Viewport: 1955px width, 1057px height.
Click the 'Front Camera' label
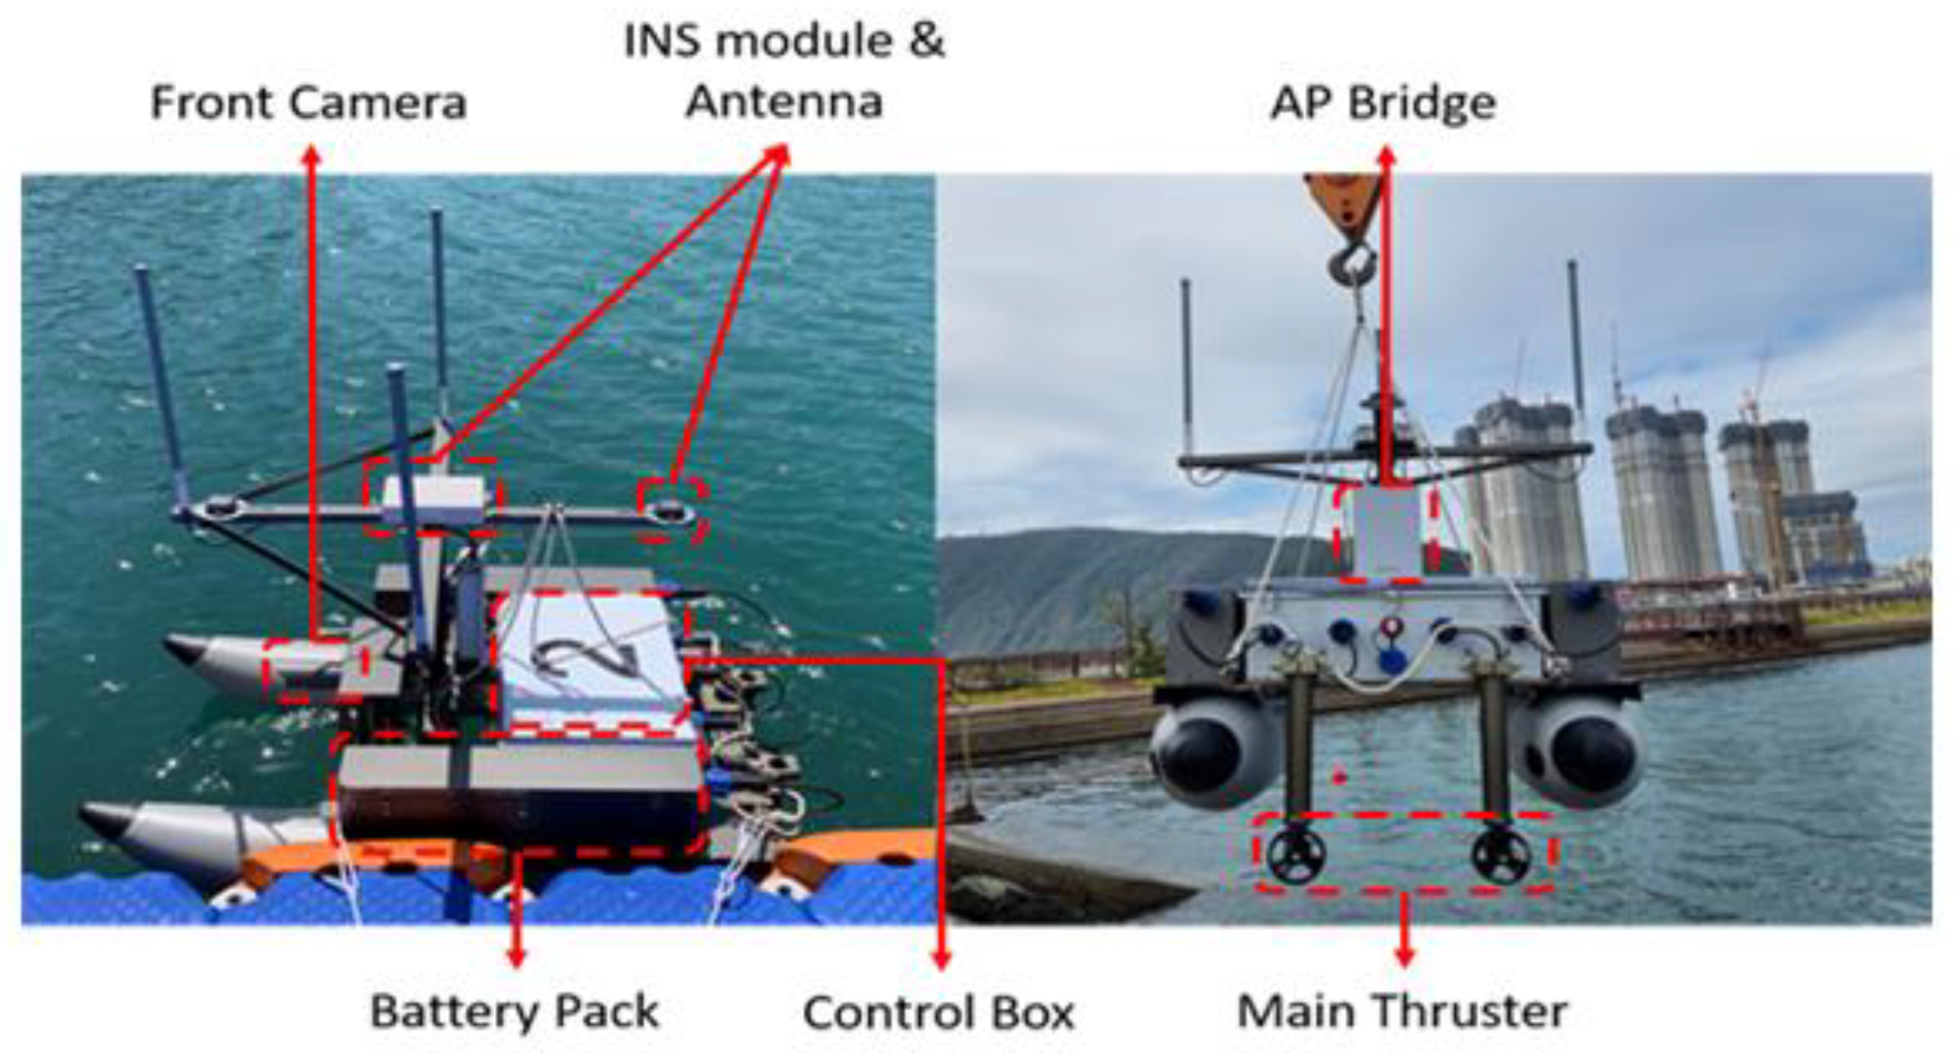pos(308,103)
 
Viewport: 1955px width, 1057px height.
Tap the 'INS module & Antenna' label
pos(785,72)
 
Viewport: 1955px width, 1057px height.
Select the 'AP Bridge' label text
pos(1383,103)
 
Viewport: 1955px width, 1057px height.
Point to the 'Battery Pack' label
pos(514,1012)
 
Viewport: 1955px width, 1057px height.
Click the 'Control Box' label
pos(939,1013)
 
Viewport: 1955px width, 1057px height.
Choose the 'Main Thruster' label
pos(1402,1012)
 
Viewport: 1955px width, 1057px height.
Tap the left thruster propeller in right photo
pos(1296,854)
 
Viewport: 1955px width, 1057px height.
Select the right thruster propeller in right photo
pos(1501,854)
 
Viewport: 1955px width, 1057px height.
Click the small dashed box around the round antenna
pos(673,510)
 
